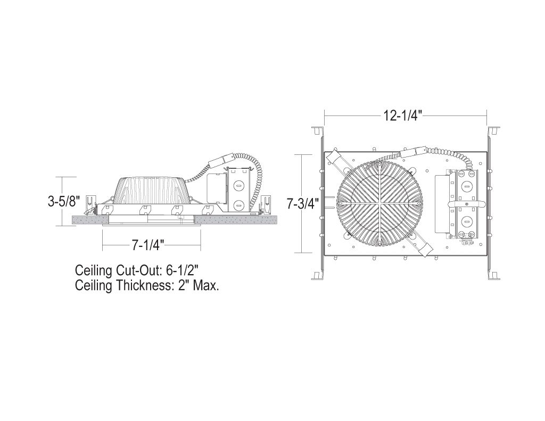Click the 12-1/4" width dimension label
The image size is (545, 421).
click(x=403, y=115)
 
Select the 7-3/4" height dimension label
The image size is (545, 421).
click(x=300, y=203)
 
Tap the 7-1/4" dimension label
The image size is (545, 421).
click(x=147, y=245)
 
